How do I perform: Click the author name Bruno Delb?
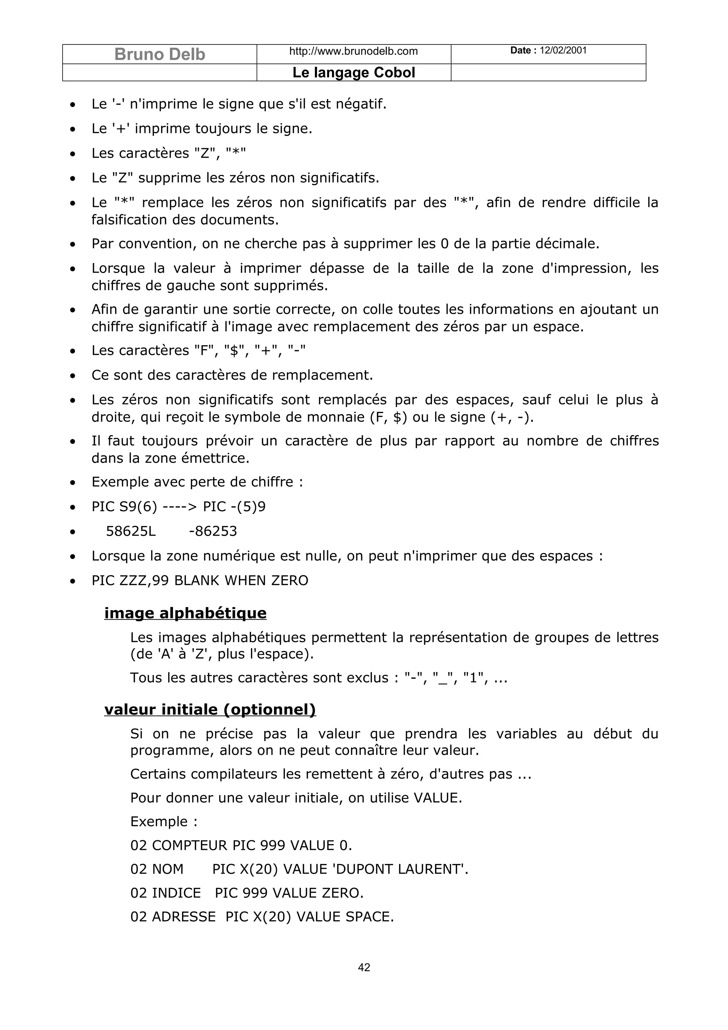click(x=160, y=54)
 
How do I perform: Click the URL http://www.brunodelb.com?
click(x=353, y=51)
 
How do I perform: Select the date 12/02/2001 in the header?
click(x=563, y=50)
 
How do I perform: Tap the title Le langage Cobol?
click(x=353, y=73)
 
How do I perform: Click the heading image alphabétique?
click(x=185, y=613)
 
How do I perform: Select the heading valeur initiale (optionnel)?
click(x=210, y=709)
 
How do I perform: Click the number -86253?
click(x=213, y=531)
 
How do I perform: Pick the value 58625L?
click(x=131, y=531)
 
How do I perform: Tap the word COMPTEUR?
click(x=190, y=845)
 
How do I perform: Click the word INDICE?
click(x=176, y=893)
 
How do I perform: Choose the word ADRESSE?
click(x=184, y=917)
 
